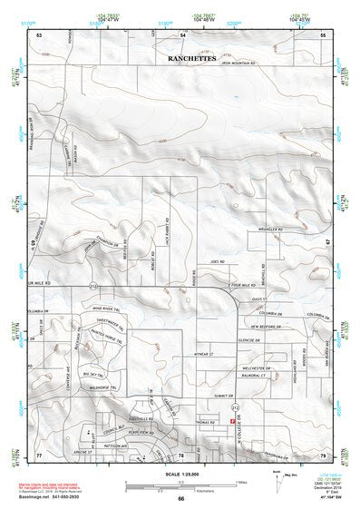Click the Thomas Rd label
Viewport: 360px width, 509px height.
coord(205,421)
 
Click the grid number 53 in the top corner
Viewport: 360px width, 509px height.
coord(40,34)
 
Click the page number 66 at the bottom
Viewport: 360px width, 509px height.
coord(180,498)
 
